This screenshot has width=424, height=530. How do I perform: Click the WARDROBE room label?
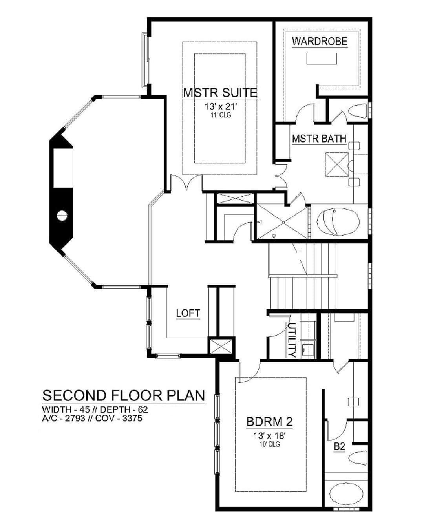[x=320, y=41]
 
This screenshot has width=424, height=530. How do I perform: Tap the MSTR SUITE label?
[x=220, y=93]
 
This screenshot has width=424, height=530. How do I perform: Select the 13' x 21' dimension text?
[x=221, y=107]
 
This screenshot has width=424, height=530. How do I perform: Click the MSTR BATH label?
[x=319, y=139]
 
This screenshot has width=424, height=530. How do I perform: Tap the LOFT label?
[x=188, y=313]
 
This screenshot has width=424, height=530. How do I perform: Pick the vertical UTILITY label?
[x=292, y=340]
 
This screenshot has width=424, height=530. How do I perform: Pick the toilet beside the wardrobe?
[x=358, y=110]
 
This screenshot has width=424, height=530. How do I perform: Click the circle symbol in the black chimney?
[x=62, y=216]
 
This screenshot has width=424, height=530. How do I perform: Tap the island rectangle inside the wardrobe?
[x=322, y=58]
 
